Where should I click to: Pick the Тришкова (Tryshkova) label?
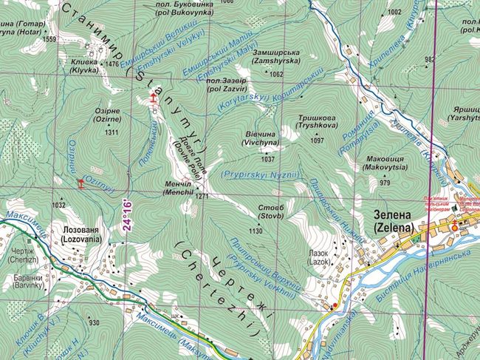[318, 121]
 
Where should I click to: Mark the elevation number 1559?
[50, 39]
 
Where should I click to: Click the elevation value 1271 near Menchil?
[203, 197]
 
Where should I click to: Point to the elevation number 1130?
[256, 231]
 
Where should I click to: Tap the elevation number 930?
[94, 323]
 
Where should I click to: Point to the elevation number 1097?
[318, 140]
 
